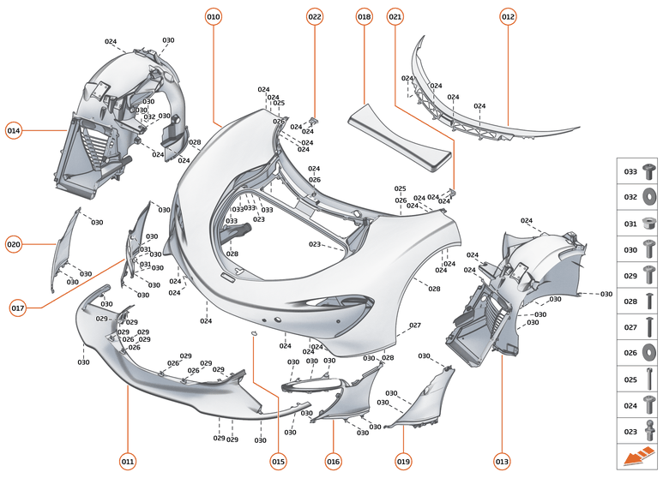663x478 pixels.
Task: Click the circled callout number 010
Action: (214, 16)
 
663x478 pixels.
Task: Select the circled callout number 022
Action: (315, 16)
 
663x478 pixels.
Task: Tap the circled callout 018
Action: (365, 16)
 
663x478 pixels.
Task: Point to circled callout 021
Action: (395, 16)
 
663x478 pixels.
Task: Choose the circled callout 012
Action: (508, 16)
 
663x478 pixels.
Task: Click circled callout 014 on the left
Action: (14, 131)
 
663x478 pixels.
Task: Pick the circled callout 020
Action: (14, 244)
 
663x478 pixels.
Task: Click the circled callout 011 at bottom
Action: (127, 462)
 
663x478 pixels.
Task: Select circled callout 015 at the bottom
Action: (278, 462)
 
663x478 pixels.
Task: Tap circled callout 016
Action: (333, 462)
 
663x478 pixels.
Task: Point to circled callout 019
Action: (403, 462)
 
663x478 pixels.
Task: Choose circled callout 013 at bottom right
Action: (502, 462)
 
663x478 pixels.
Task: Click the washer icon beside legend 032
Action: (649, 197)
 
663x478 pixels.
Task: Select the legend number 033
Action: (630, 172)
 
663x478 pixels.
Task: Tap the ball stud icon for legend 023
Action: (649, 431)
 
